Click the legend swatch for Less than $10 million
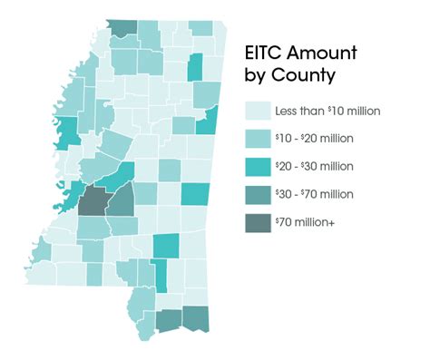click(x=258, y=111)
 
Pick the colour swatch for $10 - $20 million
click(x=258, y=138)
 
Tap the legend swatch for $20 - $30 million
click(x=258, y=166)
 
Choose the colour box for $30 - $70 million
click(x=258, y=194)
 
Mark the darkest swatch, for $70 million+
click(x=258, y=222)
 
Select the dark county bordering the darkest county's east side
click(x=119, y=199)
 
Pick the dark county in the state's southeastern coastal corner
click(x=195, y=317)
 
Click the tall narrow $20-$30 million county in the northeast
click(x=195, y=67)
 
